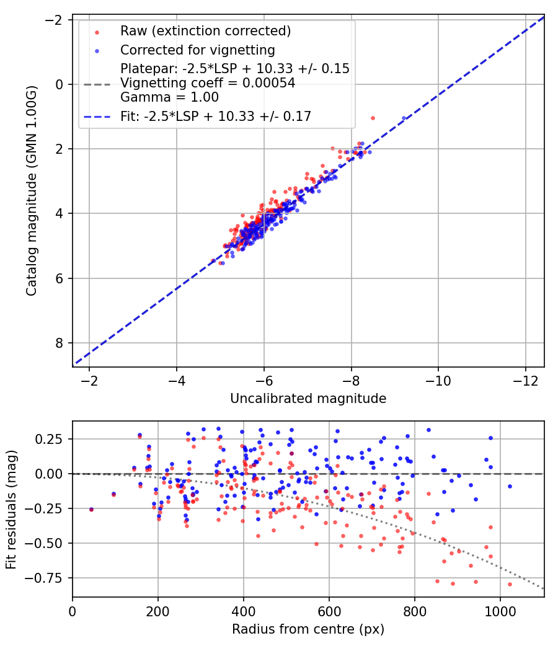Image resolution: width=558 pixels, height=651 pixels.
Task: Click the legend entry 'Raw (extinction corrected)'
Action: pos(205,31)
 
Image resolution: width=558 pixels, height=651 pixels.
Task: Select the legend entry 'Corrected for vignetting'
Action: pos(197,50)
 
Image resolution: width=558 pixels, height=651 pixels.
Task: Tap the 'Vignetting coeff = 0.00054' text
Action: pos(208,83)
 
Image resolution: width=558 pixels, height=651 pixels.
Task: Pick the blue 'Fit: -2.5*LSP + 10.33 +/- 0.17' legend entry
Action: pos(216,116)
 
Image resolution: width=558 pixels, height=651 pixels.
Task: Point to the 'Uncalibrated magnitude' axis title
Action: pos(308,399)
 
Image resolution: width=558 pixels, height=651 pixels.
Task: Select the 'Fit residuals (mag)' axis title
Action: pos(11,510)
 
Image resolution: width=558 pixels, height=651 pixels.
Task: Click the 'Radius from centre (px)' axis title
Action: pos(308,629)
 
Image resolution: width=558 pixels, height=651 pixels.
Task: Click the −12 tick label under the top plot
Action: pos(525,379)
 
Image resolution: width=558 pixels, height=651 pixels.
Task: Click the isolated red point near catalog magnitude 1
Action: pos(373,118)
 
